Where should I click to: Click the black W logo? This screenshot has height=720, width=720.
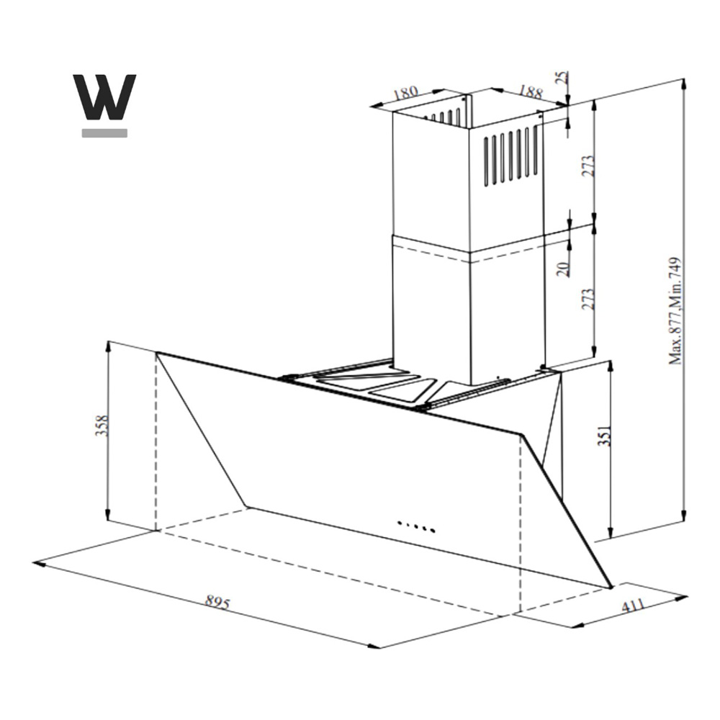[104, 97]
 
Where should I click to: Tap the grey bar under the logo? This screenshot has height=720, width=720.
[104, 133]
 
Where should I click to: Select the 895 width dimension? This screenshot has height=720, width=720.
[217, 602]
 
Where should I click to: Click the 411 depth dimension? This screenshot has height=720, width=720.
[633, 606]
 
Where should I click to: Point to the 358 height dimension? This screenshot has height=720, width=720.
[102, 426]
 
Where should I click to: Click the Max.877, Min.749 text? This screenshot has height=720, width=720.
[675, 311]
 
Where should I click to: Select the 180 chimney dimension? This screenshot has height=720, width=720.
[406, 92]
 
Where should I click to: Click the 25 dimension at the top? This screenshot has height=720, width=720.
[562, 78]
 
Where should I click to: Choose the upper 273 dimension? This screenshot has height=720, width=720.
[588, 166]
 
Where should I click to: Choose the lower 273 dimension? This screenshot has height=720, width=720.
[588, 299]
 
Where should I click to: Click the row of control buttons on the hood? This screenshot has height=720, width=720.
[416, 526]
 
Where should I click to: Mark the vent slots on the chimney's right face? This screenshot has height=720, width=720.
[510, 156]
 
